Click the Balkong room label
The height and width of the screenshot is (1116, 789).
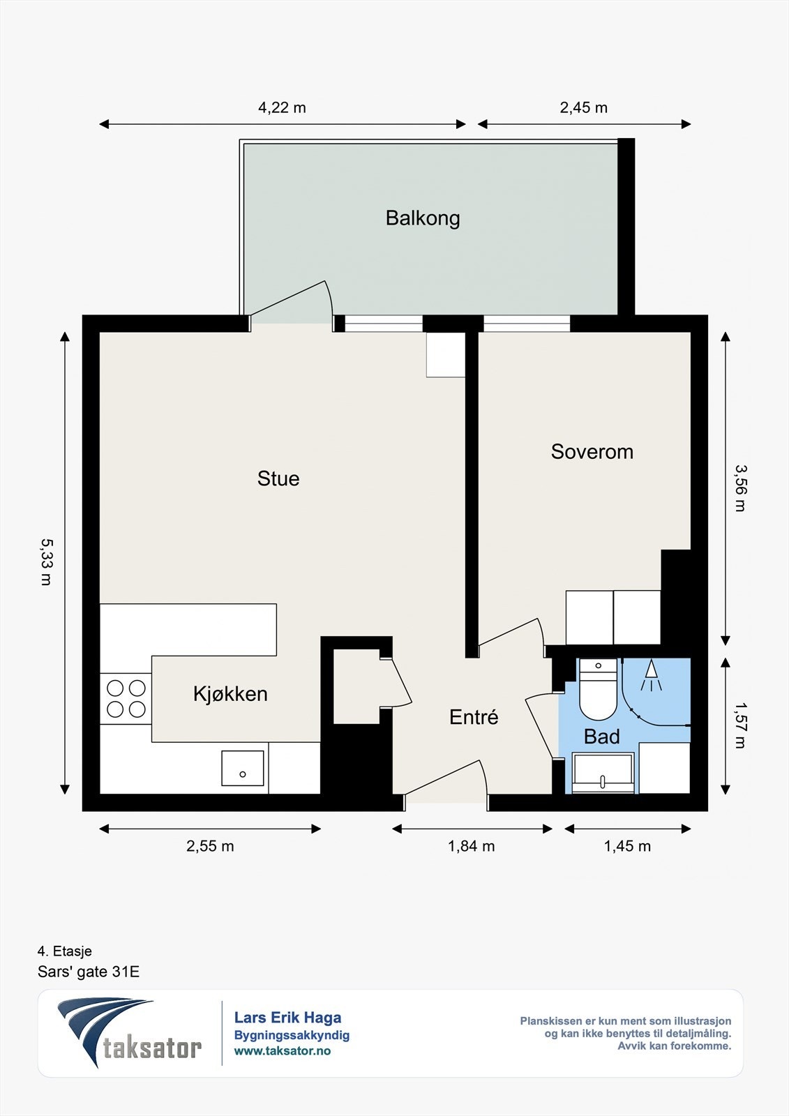coord(423,219)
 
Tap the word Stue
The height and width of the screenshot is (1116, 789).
coord(278,478)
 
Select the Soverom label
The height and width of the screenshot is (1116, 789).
coord(592,452)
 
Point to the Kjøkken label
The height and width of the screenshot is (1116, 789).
coord(230,693)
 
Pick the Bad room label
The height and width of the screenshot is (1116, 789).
coord(601,737)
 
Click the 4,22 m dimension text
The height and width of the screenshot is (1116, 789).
coord(282,107)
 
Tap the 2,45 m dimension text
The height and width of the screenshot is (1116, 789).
coord(584,107)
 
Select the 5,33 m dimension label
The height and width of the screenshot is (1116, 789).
coord(46,562)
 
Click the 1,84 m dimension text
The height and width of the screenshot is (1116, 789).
coord(471,846)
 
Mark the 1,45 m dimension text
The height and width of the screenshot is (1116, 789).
coord(627,846)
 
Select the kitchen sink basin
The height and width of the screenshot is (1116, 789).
coord(243,768)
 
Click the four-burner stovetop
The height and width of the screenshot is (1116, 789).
coord(126,698)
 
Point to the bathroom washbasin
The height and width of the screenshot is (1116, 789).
coord(603,773)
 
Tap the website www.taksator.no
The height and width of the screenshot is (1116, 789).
coord(283,1050)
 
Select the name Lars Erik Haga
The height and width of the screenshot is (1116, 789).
coord(287,1018)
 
